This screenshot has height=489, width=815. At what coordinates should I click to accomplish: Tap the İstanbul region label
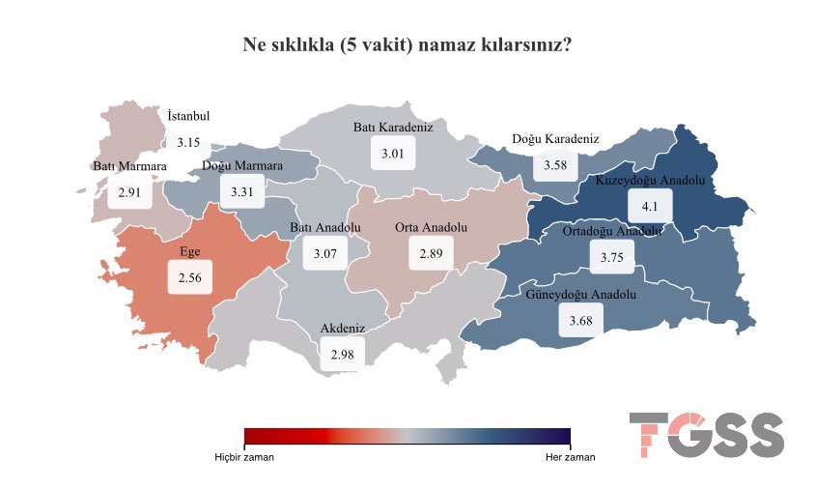[188, 116]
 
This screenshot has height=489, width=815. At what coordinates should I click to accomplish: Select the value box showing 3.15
[188, 142]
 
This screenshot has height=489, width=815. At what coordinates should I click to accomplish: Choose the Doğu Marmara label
[242, 166]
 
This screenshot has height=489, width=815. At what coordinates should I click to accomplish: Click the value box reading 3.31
[241, 192]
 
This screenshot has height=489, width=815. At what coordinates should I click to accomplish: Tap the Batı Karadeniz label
[392, 128]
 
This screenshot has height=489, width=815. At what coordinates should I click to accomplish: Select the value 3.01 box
[392, 154]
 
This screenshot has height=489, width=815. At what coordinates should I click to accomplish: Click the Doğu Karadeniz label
[555, 139]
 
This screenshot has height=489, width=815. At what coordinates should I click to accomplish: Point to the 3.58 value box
[554, 165]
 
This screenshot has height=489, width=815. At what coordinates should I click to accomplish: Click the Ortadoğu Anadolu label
[612, 231]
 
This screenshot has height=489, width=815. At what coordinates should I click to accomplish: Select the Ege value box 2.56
[189, 277]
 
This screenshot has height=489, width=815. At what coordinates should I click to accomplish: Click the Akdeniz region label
[343, 330]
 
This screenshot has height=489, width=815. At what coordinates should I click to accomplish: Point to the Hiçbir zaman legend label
[244, 457]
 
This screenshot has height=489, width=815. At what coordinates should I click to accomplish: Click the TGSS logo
[706, 436]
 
